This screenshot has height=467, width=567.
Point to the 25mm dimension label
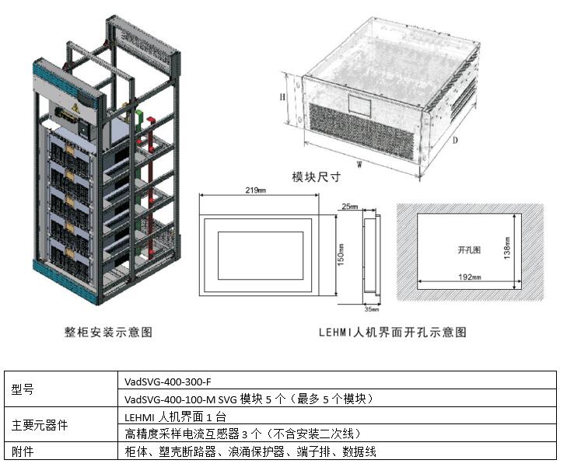[350, 207]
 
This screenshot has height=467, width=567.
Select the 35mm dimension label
[372, 309]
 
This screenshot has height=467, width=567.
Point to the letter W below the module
[359, 164]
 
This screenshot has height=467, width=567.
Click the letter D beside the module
[454, 140]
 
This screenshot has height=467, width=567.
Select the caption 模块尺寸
[316, 177]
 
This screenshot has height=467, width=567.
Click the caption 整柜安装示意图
[108, 332]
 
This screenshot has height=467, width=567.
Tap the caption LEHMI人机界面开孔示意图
[393, 332]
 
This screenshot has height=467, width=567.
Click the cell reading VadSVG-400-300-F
[168, 382]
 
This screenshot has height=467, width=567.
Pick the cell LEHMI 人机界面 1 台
[175, 417]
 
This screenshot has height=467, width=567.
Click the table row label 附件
[24, 451]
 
